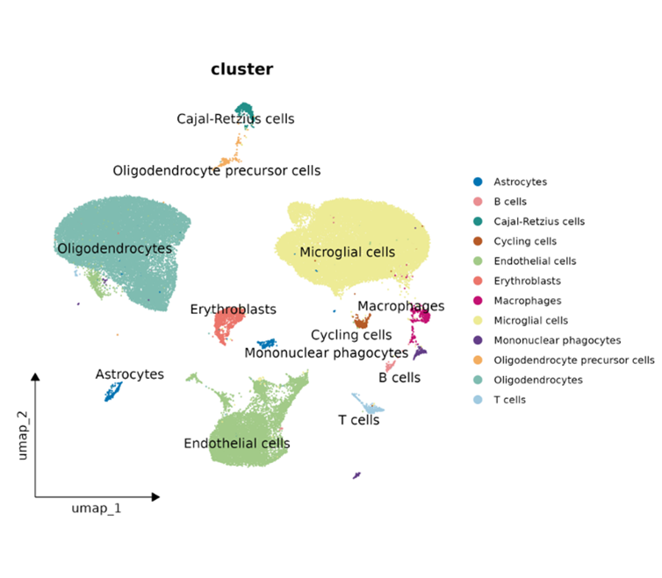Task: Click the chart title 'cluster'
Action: [x=241, y=69]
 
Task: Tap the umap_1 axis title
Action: [x=97, y=509]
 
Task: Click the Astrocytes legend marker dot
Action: [x=477, y=182]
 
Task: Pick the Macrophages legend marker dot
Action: [x=477, y=301]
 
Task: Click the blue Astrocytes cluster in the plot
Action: [x=112, y=390]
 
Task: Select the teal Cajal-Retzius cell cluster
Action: [x=239, y=112]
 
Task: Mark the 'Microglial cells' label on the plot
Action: [x=347, y=252]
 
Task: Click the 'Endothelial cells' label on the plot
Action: [x=236, y=443]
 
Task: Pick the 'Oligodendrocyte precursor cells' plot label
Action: [x=217, y=170]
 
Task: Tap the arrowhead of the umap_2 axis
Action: [x=36, y=376]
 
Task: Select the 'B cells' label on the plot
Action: [x=399, y=377]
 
